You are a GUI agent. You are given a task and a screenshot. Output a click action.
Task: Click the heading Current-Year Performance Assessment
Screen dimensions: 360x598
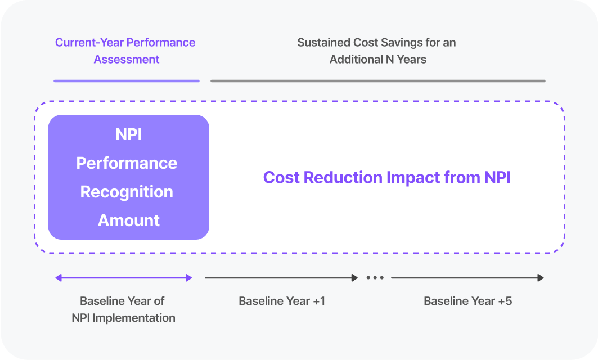click(x=125, y=51)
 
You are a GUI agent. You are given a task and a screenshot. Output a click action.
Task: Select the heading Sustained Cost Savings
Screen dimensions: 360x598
click(x=377, y=51)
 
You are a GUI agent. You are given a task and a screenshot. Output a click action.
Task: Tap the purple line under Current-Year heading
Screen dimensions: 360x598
click(x=127, y=80)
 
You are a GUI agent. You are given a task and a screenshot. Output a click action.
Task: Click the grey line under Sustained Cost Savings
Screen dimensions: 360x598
click(x=377, y=80)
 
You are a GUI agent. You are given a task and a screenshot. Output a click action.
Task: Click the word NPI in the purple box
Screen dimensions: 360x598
click(x=129, y=134)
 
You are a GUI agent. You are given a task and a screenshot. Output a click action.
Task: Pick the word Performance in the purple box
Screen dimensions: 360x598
click(x=127, y=163)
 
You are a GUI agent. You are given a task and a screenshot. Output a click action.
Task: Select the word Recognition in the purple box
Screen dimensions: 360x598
click(x=127, y=192)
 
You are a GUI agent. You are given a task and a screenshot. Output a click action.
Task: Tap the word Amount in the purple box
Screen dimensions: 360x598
click(x=129, y=220)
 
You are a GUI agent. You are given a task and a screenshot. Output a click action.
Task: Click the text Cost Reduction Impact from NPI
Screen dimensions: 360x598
click(x=386, y=178)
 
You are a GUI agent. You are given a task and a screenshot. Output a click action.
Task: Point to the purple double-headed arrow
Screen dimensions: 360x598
click(x=124, y=278)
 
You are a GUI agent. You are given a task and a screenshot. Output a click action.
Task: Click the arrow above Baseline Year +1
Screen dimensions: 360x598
click(x=281, y=278)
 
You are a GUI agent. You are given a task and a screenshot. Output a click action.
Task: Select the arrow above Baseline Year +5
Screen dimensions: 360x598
click(x=467, y=278)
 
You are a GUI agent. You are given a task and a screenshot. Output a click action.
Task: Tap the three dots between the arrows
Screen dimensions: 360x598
click(x=375, y=278)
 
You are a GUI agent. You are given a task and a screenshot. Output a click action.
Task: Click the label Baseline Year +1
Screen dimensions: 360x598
click(x=282, y=301)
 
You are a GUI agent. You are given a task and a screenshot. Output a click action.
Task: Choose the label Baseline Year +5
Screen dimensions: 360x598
click(x=467, y=301)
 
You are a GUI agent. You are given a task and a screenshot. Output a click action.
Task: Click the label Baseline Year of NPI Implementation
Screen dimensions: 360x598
click(x=123, y=309)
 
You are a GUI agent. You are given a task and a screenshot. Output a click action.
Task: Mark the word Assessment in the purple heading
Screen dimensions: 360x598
click(x=127, y=59)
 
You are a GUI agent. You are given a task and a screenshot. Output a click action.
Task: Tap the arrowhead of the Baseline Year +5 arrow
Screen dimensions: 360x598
click(x=541, y=278)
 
